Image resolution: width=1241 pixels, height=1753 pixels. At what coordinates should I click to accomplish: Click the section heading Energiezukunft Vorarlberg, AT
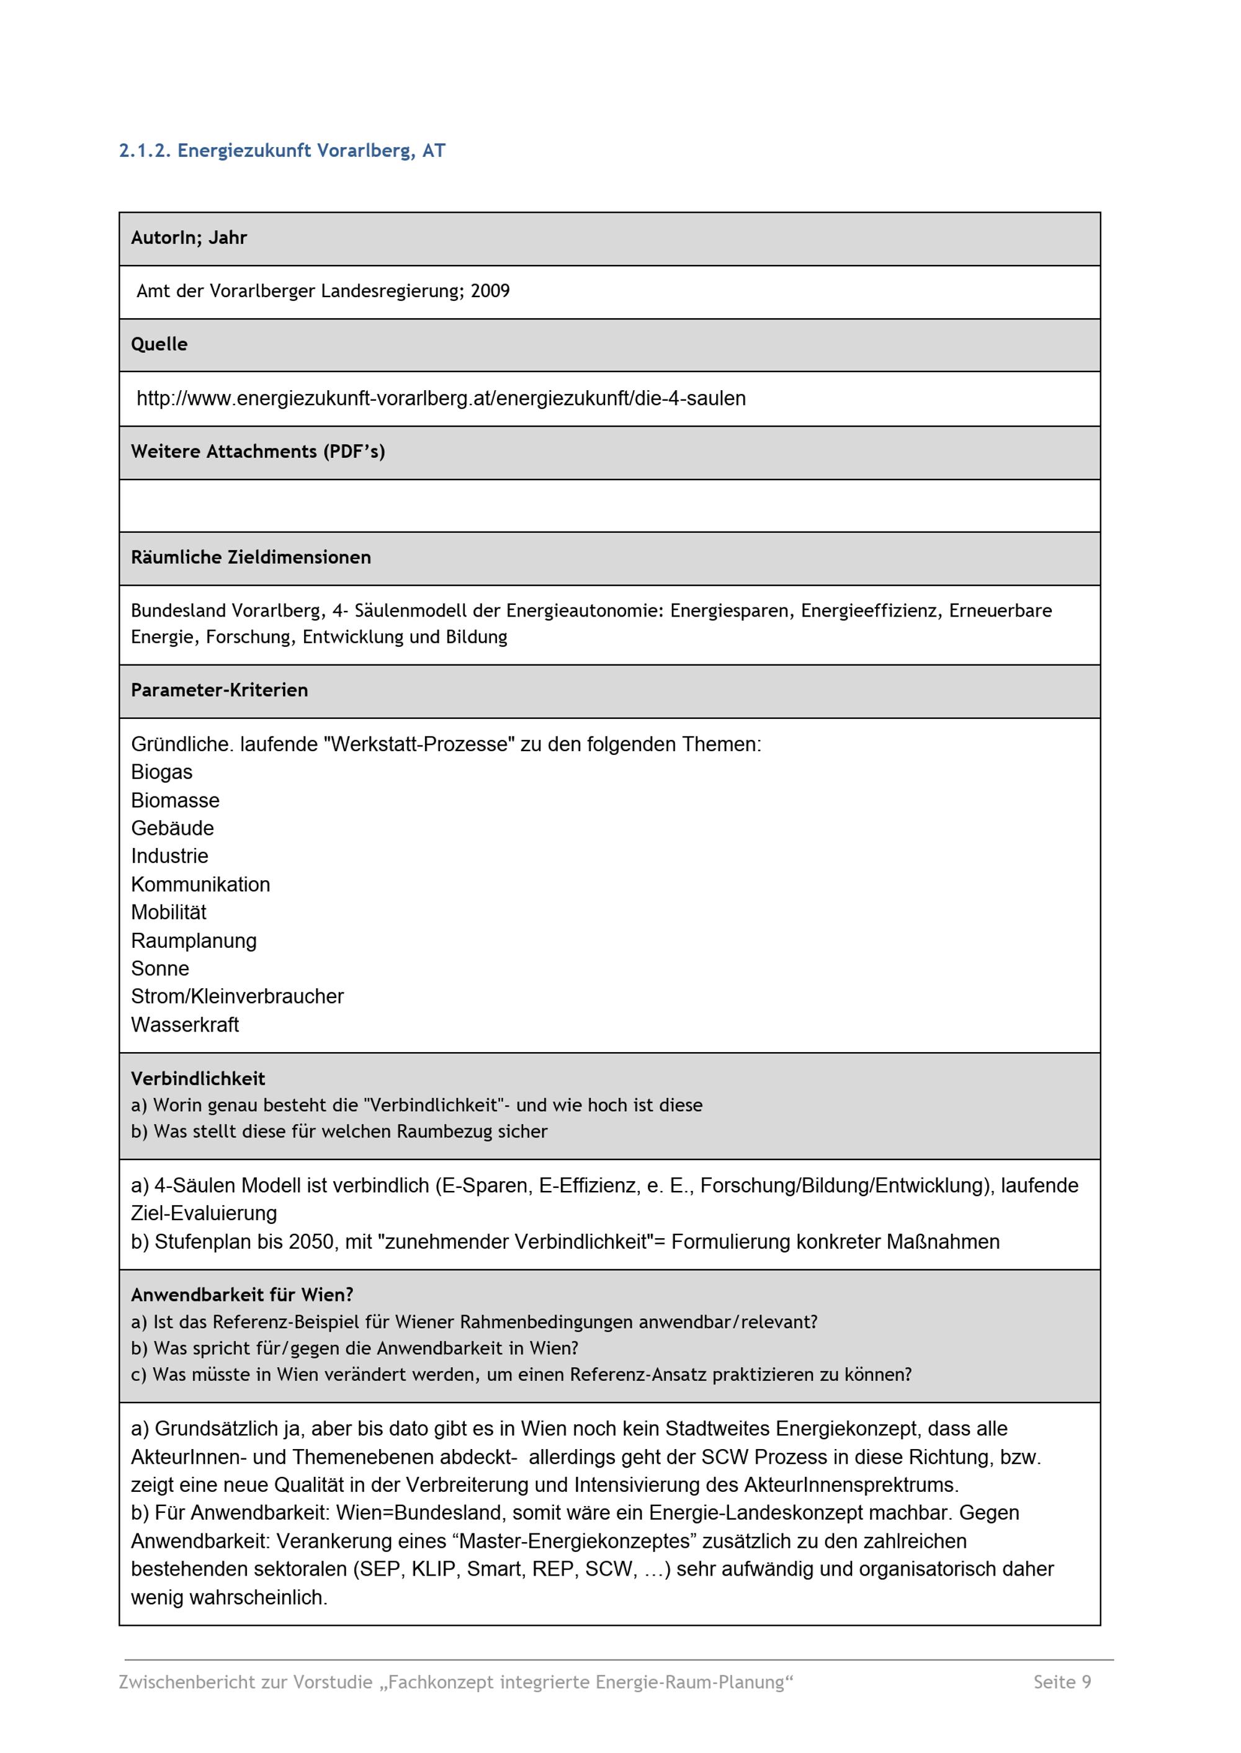pyautogui.click(x=282, y=151)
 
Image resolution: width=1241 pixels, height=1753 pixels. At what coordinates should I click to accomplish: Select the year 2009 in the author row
pyautogui.click(x=490, y=291)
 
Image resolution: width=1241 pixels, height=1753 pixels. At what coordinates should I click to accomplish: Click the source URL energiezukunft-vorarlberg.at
pyautogui.click(x=441, y=398)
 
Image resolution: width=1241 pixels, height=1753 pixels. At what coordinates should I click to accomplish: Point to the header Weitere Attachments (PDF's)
pyautogui.click(x=258, y=452)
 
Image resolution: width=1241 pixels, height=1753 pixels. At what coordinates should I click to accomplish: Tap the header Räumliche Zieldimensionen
pyautogui.click(x=251, y=558)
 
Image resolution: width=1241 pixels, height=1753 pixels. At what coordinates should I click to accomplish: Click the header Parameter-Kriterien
pyautogui.click(x=219, y=690)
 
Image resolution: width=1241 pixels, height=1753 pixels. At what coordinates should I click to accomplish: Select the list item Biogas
pyautogui.click(x=161, y=772)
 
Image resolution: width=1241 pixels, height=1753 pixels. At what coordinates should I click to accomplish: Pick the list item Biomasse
pyautogui.click(x=175, y=800)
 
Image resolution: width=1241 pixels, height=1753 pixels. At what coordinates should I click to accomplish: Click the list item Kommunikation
pyautogui.click(x=200, y=885)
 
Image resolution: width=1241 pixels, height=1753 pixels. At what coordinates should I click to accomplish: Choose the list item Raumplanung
pyautogui.click(x=194, y=941)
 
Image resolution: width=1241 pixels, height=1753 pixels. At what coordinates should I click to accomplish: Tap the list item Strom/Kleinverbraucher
pyautogui.click(x=237, y=997)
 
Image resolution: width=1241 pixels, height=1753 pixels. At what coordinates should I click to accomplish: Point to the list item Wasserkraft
pyautogui.click(x=185, y=1025)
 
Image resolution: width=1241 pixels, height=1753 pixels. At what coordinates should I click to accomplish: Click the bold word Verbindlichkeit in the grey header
pyautogui.click(x=198, y=1079)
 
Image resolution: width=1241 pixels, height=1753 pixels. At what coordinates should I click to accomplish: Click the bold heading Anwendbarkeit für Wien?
pyautogui.click(x=241, y=1295)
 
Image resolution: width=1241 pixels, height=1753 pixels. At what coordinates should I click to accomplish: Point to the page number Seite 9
pyautogui.click(x=1062, y=1682)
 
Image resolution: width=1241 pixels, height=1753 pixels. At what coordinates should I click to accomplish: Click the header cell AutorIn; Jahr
pyautogui.click(x=189, y=238)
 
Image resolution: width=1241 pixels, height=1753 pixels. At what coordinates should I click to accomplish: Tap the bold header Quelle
pyautogui.click(x=159, y=344)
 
